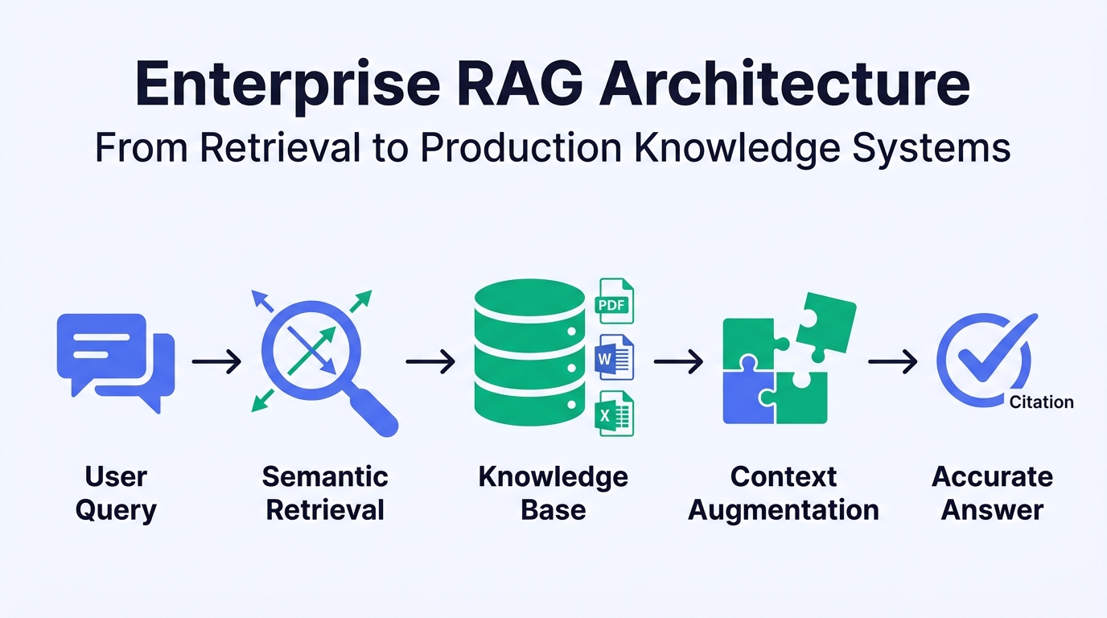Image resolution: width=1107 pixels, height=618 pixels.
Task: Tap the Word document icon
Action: [x=614, y=358]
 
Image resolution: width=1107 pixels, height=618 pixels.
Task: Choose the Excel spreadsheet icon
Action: [x=614, y=414]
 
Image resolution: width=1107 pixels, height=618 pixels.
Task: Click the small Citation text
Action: [x=1041, y=402]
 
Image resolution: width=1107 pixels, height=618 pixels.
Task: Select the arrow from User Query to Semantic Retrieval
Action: [x=216, y=363]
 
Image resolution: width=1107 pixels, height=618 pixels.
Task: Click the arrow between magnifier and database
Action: [x=430, y=363]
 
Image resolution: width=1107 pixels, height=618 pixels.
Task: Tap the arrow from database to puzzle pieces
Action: [x=678, y=363]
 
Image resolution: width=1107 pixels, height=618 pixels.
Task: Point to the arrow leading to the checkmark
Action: [x=893, y=363]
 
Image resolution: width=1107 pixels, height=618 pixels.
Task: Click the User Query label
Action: [x=116, y=492]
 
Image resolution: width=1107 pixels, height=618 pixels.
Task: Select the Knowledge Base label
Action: [x=553, y=492]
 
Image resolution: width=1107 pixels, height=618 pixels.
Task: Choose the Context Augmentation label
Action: [x=783, y=492]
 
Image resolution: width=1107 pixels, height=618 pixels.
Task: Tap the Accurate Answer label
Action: [x=992, y=492]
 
